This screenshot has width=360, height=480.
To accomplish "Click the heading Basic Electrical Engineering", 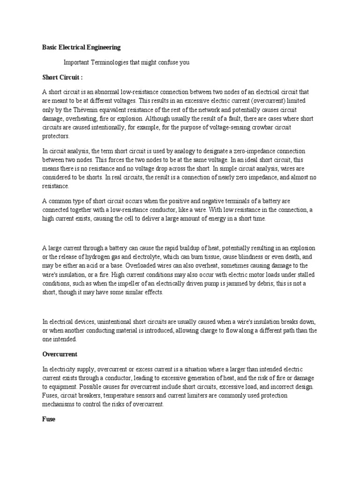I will point(82,47).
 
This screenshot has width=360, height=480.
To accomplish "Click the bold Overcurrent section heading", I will point(60,354).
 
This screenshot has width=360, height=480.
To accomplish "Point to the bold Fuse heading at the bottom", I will point(49,420).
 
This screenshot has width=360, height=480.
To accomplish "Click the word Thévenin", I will point(84,110).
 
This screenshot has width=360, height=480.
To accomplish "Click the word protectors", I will point(56,136).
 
